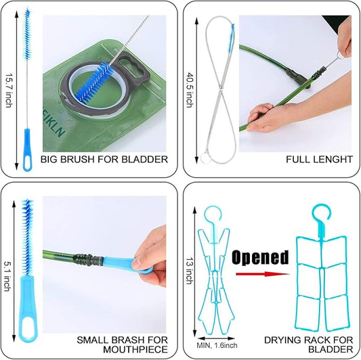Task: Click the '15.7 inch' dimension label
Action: click(x=9, y=91)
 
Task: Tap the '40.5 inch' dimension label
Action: click(x=190, y=90)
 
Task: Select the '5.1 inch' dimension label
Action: click(x=7, y=276)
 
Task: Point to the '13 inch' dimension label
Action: click(x=190, y=271)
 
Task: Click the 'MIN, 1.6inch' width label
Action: click(x=217, y=345)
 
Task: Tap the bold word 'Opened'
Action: click(x=260, y=258)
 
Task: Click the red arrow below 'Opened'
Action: click(x=263, y=274)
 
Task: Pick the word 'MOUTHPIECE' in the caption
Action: click(x=135, y=350)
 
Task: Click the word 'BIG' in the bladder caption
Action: click(x=49, y=159)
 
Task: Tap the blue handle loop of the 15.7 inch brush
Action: click(x=27, y=162)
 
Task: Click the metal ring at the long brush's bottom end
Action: click(x=205, y=158)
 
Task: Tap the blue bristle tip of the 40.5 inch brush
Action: click(x=232, y=37)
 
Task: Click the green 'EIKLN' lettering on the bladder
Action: click(x=54, y=125)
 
